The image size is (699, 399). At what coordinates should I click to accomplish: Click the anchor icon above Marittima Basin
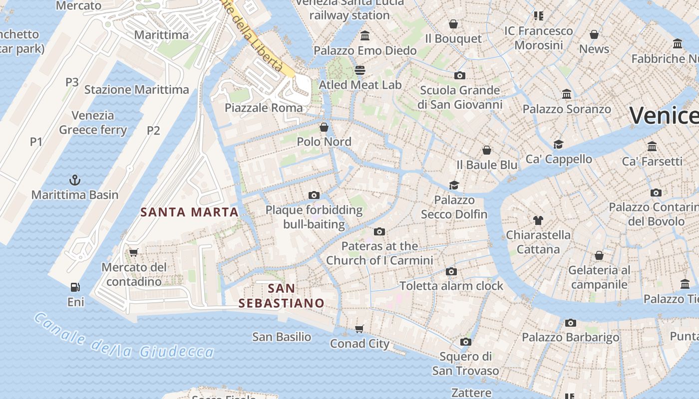[74, 180]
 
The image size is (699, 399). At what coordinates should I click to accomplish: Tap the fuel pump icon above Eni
[75, 287]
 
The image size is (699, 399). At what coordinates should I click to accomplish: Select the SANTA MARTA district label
[189, 212]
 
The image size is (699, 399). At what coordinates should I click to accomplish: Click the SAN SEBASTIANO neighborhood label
[281, 295]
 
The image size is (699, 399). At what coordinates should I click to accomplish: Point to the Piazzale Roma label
[264, 108]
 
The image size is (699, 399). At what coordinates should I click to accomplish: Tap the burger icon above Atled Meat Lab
[360, 70]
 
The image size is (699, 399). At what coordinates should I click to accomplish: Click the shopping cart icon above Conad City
[359, 329]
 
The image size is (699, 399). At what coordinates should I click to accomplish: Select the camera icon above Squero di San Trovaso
[465, 342]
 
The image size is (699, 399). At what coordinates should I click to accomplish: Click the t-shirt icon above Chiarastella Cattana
[538, 220]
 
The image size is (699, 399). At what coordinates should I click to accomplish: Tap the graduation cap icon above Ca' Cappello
[558, 144]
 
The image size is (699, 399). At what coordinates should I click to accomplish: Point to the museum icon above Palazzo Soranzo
[567, 94]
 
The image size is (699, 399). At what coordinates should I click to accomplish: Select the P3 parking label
[72, 82]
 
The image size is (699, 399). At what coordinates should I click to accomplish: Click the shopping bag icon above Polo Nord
[324, 127]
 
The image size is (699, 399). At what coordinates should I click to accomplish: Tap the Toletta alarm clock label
[451, 286]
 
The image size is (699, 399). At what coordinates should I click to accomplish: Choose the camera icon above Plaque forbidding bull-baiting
[314, 195]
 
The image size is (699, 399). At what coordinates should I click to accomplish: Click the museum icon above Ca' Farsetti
[652, 147]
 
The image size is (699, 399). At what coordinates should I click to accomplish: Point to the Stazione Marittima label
[136, 90]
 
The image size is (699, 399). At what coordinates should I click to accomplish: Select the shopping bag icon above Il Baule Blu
[487, 150]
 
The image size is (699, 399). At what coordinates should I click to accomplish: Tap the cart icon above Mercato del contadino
[133, 252]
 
